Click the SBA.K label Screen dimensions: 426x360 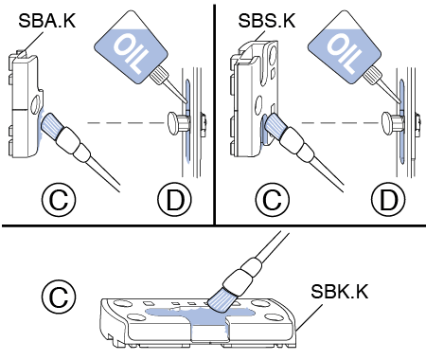47,21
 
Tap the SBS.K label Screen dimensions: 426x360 267,21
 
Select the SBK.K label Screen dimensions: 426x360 340,292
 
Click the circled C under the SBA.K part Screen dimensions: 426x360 59,199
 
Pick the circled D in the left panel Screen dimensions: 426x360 174,199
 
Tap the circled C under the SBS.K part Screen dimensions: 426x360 273,199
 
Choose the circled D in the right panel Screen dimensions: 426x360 388,199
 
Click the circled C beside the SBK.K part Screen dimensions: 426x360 59,296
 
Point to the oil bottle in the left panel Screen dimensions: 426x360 134,49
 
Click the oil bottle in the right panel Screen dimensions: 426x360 347,49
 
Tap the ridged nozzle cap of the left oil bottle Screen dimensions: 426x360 159,77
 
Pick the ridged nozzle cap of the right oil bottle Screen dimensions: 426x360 373,77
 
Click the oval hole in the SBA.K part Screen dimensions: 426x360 36,105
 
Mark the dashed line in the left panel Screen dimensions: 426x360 127,123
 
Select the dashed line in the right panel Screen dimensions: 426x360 341,123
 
